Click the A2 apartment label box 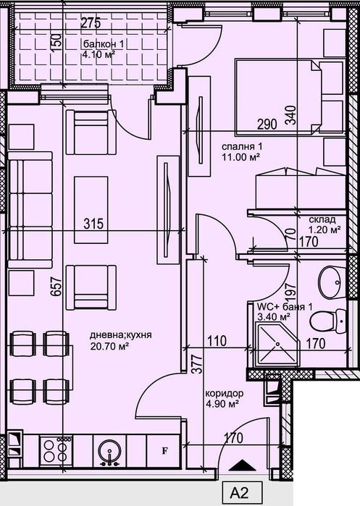point(240,493)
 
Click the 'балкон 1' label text point(103,43)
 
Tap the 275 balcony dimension point(90,23)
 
